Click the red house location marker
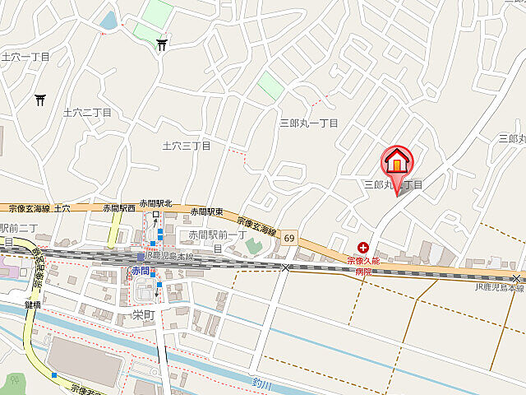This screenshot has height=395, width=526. [x=397, y=161]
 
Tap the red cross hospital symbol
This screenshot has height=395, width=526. [x=363, y=246]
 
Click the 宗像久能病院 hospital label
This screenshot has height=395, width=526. [x=363, y=266]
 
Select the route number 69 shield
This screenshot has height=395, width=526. [x=289, y=237]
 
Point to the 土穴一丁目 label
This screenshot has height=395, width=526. [x=25, y=57]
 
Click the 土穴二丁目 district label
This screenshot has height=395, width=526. [x=86, y=112]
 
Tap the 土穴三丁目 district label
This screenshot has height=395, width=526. [x=187, y=146]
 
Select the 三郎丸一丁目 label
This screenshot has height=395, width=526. [x=308, y=123]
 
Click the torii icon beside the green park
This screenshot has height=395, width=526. [x=162, y=45]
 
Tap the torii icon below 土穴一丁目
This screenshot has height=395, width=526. [x=39, y=100]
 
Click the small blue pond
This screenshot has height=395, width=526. [x=108, y=20]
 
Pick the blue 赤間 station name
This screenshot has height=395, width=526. [x=139, y=271]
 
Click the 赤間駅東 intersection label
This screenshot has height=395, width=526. [x=206, y=211]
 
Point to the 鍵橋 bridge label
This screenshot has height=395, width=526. [x=33, y=304]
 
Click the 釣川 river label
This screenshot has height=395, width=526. [x=261, y=383]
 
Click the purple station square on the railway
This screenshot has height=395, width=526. [x=141, y=258]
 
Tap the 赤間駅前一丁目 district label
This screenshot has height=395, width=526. [x=211, y=235]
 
